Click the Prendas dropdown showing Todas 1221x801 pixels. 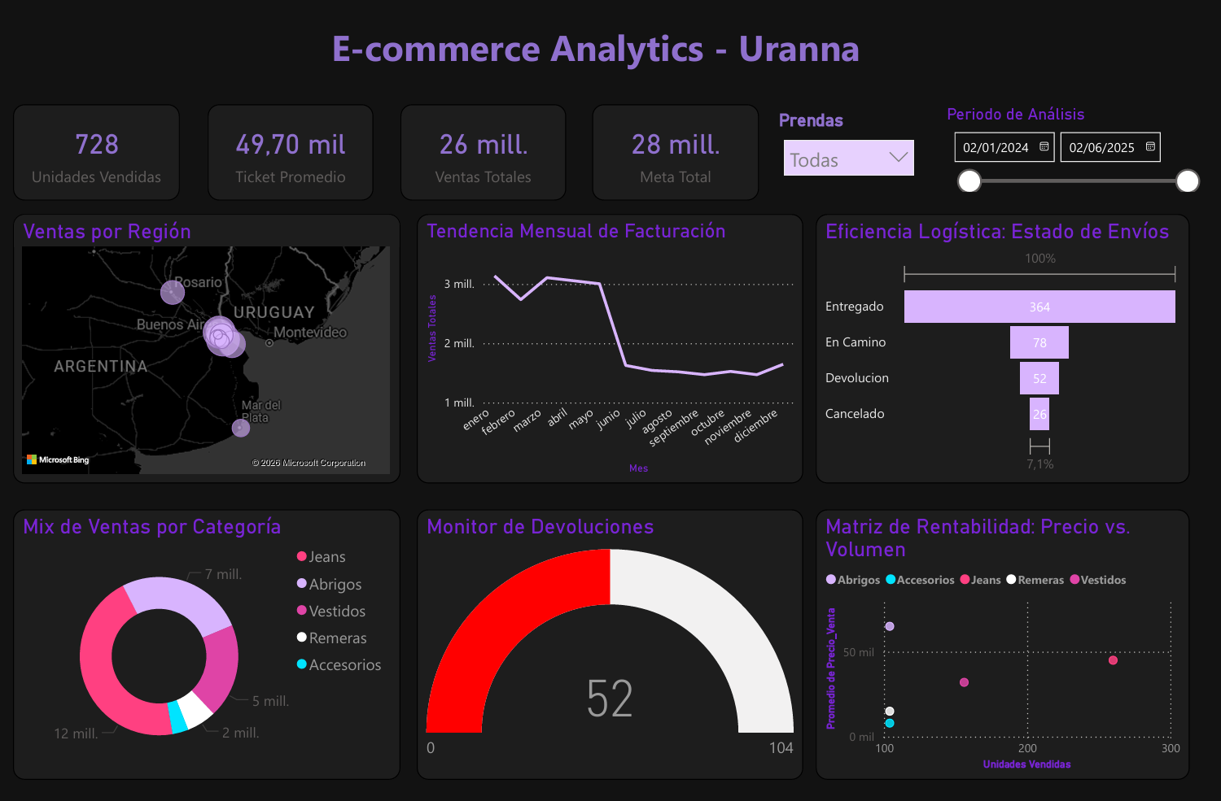(848, 158)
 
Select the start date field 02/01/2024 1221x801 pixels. (996, 147)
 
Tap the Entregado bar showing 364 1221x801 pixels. (1039, 307)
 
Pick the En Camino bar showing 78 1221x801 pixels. (1039, 342)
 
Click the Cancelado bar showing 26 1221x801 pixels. (1039, 414)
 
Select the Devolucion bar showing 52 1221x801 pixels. (1039, 378)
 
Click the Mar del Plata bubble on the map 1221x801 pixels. (241, 428)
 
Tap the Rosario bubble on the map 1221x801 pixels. (173, 292)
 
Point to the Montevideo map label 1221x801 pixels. (310, 333)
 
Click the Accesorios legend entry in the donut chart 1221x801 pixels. (344, 665)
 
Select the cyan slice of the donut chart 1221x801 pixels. (177, 717)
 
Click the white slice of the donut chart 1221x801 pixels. (195, 709)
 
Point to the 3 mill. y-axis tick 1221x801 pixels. (459, 284)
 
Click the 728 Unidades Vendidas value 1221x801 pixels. (97, 145)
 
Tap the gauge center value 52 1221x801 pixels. (610, 699)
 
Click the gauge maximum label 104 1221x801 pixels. (781, 748)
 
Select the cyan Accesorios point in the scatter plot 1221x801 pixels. (890, 723)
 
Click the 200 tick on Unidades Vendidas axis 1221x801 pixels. (1027, 748)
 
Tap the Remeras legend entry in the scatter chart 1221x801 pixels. (1040, 580)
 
